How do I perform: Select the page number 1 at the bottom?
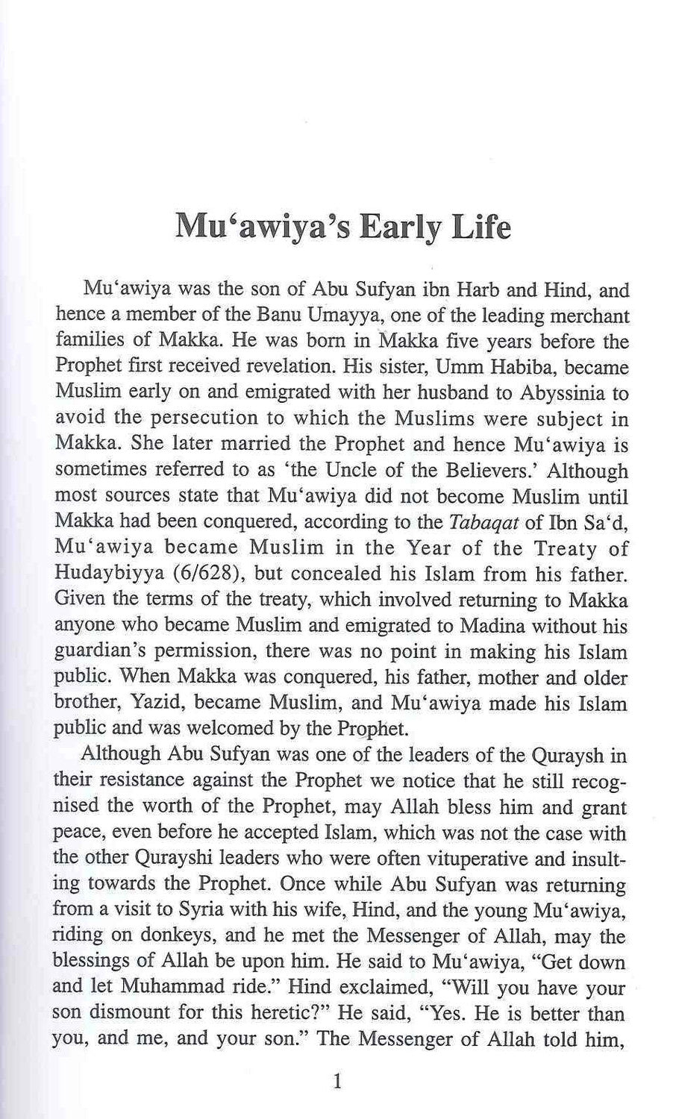[x=338, y=1079]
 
